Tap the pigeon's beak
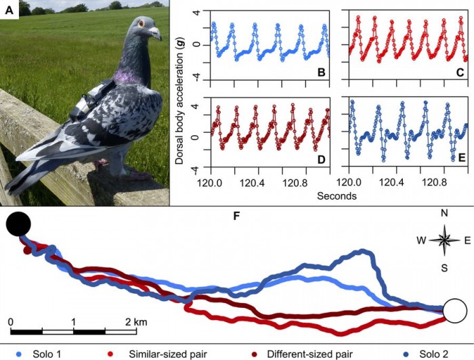155,32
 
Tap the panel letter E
460,160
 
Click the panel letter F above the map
236,218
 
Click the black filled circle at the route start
18,223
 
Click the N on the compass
444,213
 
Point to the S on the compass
444,268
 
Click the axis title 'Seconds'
337,196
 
